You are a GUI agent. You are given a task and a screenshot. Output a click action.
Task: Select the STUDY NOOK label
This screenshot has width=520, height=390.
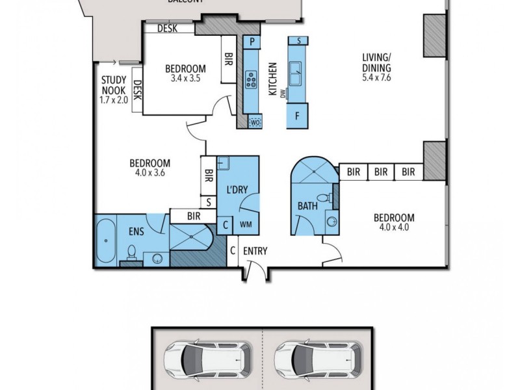click(112, 84)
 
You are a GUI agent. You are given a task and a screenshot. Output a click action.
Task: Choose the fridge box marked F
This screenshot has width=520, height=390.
click(298, 117)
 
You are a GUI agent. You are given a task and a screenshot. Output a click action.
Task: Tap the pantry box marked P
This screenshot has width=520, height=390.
click(252, 42)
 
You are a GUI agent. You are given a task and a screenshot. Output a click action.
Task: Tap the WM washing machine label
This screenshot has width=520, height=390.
click(246, 225)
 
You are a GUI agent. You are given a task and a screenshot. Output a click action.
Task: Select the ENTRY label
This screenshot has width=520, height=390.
click(255, 252)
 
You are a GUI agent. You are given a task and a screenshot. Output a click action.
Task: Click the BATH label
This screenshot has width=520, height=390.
click(307, 206)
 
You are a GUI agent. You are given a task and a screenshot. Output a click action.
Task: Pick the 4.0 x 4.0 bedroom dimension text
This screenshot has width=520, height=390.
click(394, 227)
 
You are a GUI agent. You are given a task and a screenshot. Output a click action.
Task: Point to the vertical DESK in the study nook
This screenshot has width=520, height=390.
click(137, 91)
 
